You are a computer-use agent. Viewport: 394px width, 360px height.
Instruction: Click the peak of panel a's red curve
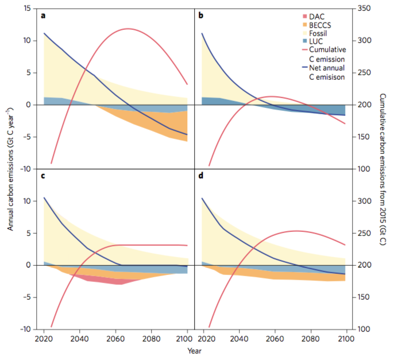coord(128,29)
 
